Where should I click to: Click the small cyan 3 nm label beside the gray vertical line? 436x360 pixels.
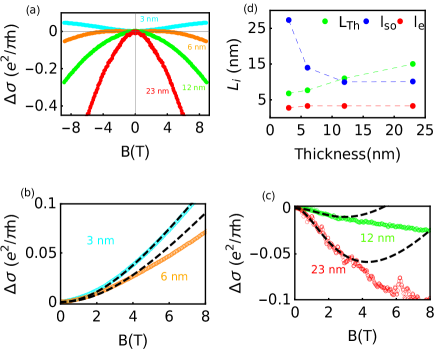pos(148,19)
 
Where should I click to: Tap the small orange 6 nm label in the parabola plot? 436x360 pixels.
pos(197,47)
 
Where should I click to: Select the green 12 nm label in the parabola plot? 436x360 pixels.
pos(193,88)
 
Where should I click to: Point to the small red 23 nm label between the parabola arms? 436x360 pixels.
pos(157,91)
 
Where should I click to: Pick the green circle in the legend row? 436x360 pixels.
pos(324,21)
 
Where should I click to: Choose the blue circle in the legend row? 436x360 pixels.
pos(366,21)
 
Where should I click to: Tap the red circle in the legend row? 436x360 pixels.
pos(400,21)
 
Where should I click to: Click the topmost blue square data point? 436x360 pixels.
pos(289,21)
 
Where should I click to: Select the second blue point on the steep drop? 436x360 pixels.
pos(307,67)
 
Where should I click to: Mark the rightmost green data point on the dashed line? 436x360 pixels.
pos(412,64)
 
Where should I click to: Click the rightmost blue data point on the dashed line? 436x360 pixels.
pos(412,82)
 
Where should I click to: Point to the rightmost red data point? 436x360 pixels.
pos(412,106)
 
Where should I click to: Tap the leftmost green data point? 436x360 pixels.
pos(289,93)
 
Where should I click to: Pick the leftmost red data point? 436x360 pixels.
pos(289,107)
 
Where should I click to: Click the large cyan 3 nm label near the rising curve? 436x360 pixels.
pos(100,241)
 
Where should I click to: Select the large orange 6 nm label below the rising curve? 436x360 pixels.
pos(174,277)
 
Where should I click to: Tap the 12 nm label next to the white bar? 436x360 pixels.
pos(377,238)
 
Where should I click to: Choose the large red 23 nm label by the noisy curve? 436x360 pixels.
pos(328,269)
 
